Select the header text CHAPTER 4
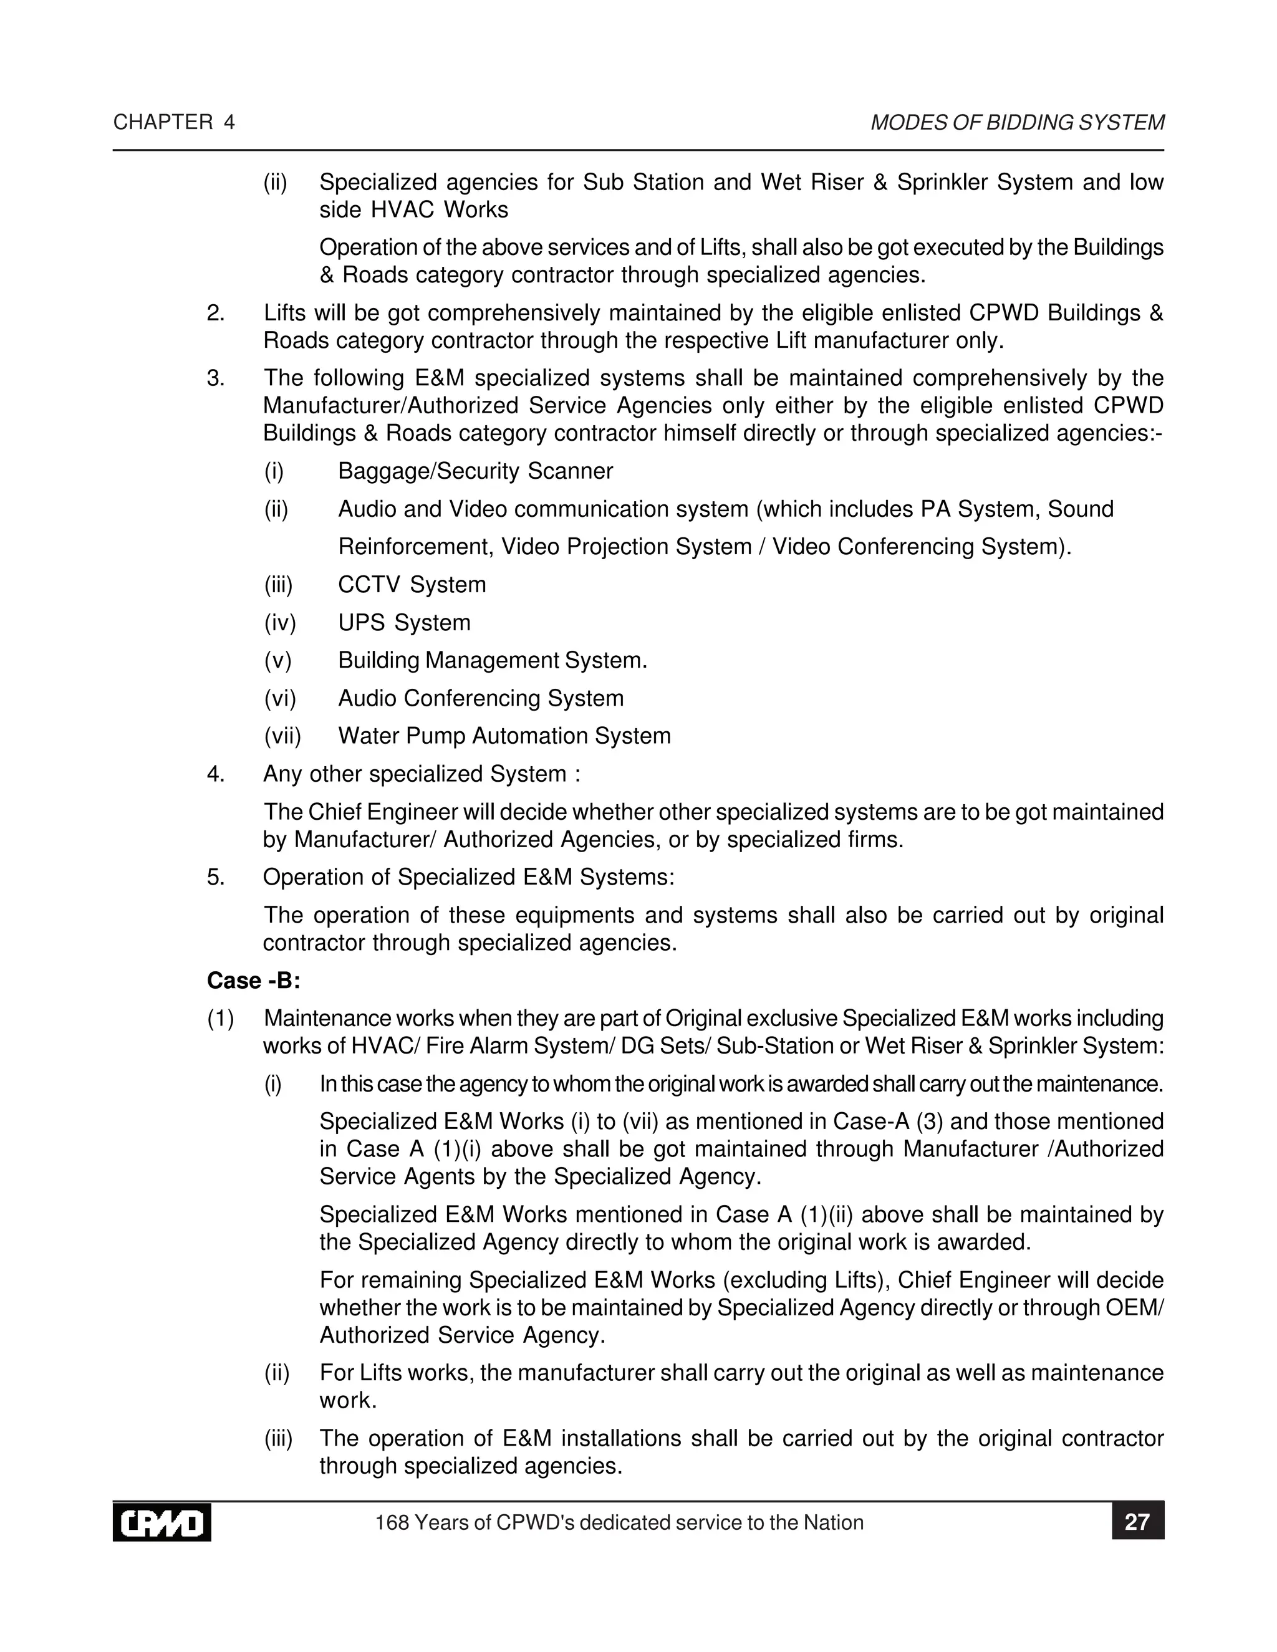pos(174,123)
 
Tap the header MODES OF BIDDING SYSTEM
pos(1018,123)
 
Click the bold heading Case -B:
pos(253,981)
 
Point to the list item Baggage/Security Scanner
pos(475,471)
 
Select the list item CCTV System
pos(412,585)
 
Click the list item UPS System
pos(404,623)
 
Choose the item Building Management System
pos(493,660)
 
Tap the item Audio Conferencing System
pos(480,698)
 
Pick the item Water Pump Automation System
pos(504,736)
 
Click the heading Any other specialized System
pos(422,774)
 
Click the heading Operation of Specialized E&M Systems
pos(468,878)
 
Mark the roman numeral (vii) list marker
pos(282,736)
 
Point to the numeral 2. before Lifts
pos(216,313)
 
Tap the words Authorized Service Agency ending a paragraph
pos(461,1335)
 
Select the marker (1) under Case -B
pos(220,1019)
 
